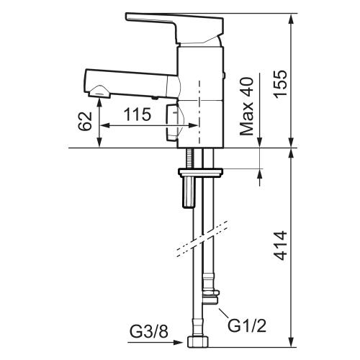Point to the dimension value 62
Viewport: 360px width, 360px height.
(85, 120)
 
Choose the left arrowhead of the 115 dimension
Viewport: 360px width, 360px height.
(102, 125)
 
